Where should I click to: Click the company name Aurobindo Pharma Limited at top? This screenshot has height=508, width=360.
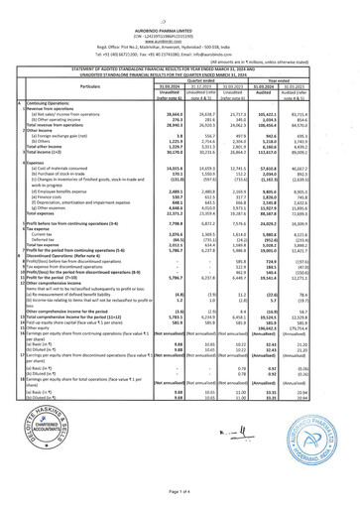click(180, 13)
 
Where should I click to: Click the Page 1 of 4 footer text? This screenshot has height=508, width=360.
click(180, 490)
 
